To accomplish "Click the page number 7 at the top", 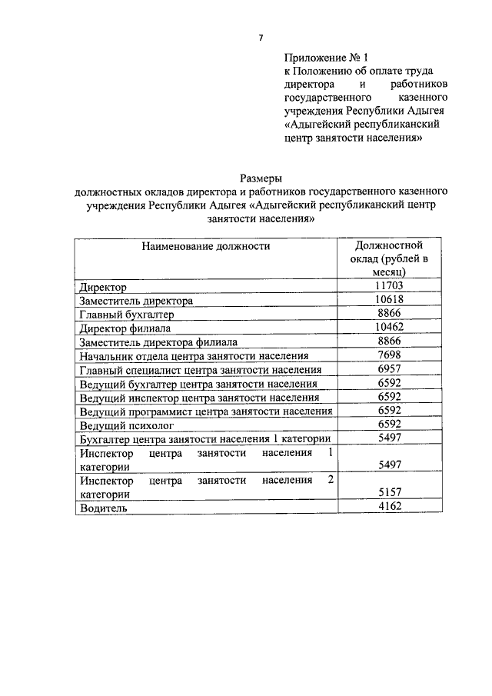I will [261, 38].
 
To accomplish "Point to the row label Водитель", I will [104, 508].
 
